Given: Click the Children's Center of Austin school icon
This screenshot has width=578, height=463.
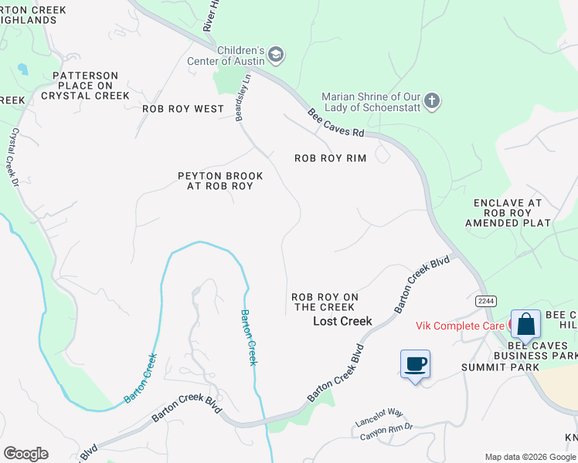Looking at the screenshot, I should pos(276,55).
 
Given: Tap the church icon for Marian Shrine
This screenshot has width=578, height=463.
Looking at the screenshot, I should pos(432,101).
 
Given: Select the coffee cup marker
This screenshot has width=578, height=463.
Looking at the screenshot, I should pos(415,364).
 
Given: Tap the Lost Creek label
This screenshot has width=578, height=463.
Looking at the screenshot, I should pos(342,321).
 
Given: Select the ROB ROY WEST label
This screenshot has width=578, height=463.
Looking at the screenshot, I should pos(183,109).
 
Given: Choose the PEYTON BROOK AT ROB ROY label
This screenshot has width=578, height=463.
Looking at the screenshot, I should pos(220,181).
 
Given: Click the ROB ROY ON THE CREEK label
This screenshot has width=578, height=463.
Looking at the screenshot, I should pos(325,302).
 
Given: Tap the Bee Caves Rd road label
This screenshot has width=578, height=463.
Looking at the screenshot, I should pos(336,123).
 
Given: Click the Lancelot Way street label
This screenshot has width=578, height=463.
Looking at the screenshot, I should pos(379,417).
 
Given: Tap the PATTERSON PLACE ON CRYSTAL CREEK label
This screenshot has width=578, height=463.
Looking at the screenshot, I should pos(85,86).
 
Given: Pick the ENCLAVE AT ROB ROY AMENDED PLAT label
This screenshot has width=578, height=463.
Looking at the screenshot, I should pos(508,213).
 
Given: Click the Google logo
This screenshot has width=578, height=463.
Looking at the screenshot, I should pos(25,454).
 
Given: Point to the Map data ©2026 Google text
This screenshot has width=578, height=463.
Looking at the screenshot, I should pos(529,457).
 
